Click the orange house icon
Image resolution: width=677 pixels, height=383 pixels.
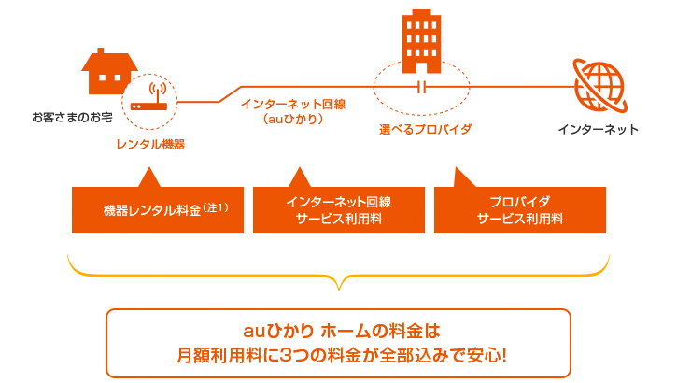pos(108,72)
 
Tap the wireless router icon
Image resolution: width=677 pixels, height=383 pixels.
pos(149,97)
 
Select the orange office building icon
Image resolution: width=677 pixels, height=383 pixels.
pos(421,42)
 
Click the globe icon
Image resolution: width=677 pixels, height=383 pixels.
pos(599,86)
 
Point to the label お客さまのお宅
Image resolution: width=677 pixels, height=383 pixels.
pos(72,117)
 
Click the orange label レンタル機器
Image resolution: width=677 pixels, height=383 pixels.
pos(150,144)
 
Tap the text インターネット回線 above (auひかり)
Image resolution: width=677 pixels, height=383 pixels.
pos(293,104)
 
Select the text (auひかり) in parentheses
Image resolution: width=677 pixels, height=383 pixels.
pos(293,119)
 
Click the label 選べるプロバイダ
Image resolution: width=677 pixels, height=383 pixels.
pos(425,129)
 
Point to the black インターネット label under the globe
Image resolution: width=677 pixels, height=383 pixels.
pos(598,129)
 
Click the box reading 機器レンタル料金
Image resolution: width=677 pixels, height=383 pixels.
pos(158,210)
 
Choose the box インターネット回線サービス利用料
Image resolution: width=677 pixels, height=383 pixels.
pos(339,210)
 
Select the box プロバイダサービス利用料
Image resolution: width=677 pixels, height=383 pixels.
pos(520,210)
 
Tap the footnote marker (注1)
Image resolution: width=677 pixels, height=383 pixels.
pos(216,207)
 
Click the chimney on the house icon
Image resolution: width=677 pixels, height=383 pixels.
pos(101,51)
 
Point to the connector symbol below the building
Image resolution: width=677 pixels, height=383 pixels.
pos(422,88)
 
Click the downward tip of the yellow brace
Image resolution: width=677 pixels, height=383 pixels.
pos(339,290)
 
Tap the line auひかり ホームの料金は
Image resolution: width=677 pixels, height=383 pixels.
pos(342,332)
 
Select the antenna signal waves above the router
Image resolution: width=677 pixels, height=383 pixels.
pos(158,88)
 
